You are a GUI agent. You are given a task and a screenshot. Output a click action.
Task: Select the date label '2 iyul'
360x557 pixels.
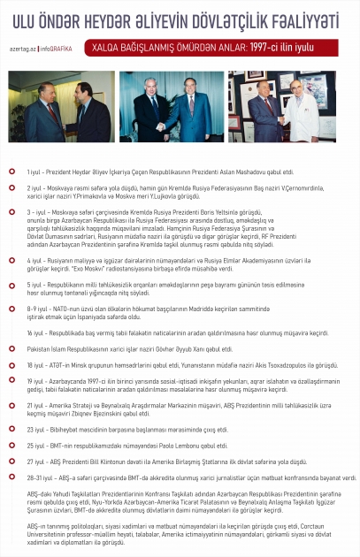[x=35, y=189]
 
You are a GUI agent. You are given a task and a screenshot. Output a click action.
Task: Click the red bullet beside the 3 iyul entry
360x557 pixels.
[x=11, y=213]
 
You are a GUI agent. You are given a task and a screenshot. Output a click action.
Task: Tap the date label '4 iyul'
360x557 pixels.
[x=35, y=261]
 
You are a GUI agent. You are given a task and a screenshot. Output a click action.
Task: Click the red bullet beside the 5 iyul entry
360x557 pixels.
[x=11, y=286]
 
